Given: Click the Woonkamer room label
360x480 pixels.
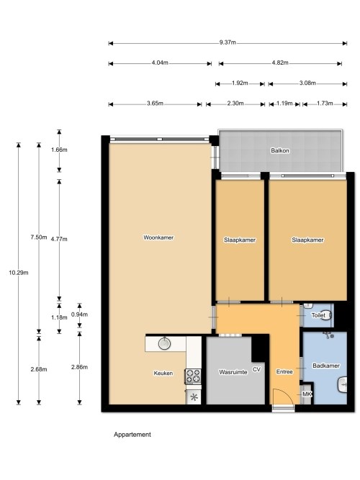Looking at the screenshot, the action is point(158,237).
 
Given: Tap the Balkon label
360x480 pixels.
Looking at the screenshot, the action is point(280,150).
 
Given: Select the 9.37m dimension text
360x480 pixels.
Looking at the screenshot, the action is point(228,42).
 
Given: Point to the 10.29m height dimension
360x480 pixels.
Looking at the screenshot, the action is point(19,273).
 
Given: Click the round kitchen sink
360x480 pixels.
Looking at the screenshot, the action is point(165,343).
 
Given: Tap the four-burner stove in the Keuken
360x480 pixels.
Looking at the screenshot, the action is point(193,376).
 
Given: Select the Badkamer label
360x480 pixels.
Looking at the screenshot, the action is point(325,366).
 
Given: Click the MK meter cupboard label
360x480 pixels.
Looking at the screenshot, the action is point(307,394).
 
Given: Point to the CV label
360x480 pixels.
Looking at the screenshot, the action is point(256,369).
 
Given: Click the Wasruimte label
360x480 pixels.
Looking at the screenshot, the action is point(233,372).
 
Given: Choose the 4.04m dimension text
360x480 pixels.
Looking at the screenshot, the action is point(160,63).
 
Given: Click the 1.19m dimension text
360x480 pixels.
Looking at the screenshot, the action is point(284,103).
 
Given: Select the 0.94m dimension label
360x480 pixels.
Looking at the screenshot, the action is point(79,314).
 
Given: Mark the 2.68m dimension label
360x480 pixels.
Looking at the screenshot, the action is point(39,369).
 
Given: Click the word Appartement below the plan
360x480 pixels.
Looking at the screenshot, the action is point(132,435).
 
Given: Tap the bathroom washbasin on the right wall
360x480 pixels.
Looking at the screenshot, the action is point(342,384).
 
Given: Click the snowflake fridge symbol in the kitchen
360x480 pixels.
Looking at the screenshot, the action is point(194,398).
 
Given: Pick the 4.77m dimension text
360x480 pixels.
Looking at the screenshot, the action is point(59,239).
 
